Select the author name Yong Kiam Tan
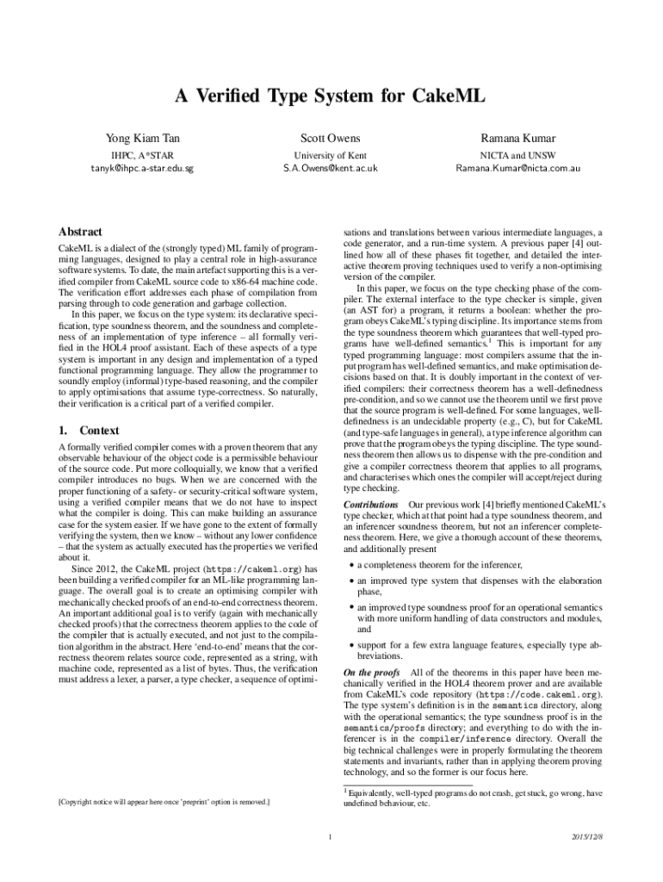[143, 139]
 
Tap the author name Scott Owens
[331, 139]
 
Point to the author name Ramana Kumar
[517, 139]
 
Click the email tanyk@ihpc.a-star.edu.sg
[143, 168]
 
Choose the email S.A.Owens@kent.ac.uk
[331, 168]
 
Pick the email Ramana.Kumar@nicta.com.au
[517, 168]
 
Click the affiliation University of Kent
[331, 155]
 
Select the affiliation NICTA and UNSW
[517, 155]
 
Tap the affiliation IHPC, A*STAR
[143, 155]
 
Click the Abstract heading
[80, 232]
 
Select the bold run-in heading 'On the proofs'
[372, 672]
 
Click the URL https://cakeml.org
[255, 568]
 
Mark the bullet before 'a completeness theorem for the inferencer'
[350, 565]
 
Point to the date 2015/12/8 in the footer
[586, 837]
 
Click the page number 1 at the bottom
[331, 837]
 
